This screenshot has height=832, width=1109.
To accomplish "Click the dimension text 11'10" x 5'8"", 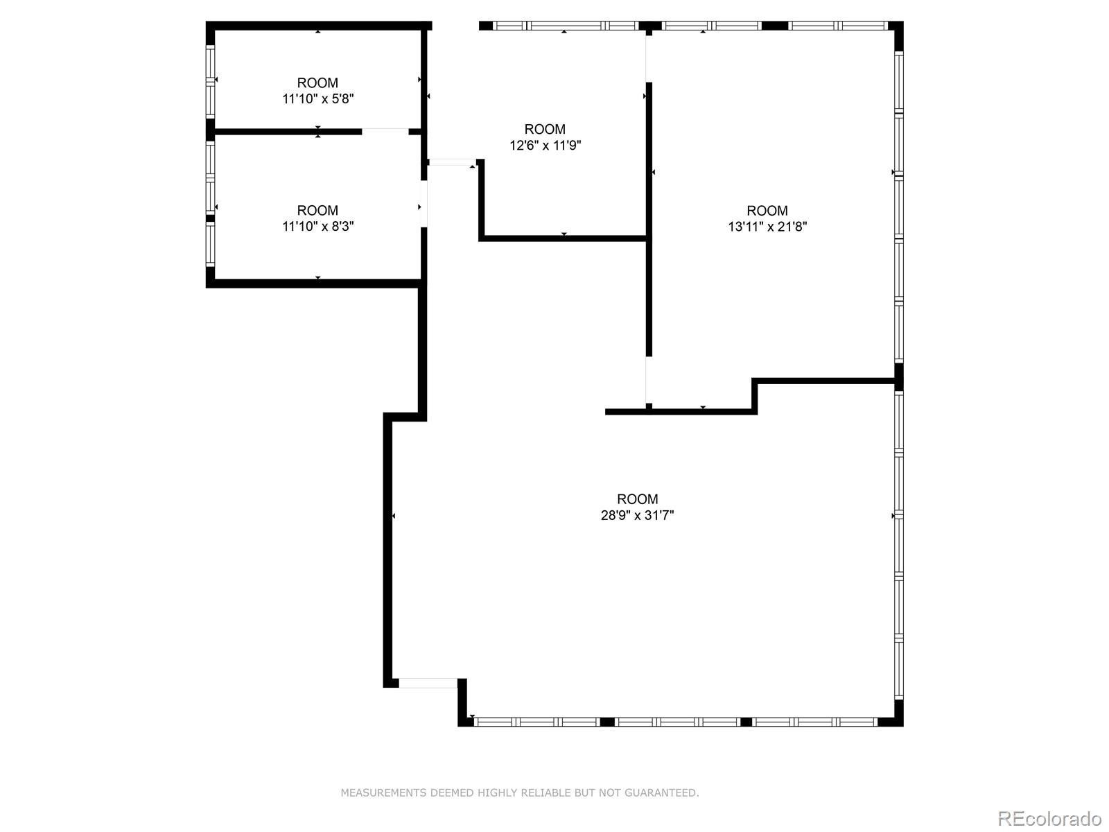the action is pyautogui.click(x=317, y=98).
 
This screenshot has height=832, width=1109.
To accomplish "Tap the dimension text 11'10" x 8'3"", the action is pyautogui.click(x=317, y=226).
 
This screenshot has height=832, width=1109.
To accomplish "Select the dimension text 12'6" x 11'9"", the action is pyautogui.click(x=545, y=145).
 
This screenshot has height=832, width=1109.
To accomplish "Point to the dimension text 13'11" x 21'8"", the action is pyautogui.click(x=767, y=226).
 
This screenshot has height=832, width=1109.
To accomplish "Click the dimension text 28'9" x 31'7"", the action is pyautogui.click(x=637, y=515).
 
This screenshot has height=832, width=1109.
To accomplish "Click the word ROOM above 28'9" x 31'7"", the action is pyautogui.click(x=637, y=499).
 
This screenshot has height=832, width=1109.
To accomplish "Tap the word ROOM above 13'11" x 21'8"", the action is pyautogui.click(x=767, y=210).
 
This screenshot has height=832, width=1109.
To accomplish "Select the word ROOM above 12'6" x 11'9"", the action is pyautogui.click(x=545, y=129).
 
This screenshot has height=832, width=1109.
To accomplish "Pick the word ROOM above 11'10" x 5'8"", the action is pyautogui.click(x=317, y=83).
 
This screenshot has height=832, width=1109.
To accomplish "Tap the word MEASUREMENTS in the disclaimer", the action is pyautogui.click(x=383, y=792).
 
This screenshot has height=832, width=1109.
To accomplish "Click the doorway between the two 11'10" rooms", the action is pyautogui.click(x=385, y=132).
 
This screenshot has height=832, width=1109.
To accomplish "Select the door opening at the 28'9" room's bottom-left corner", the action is pyautogui.click(x=428, y=683).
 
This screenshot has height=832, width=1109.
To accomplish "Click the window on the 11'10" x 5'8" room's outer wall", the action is pyautogui.click(x=210, y=81).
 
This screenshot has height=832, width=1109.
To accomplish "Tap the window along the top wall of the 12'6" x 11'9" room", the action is pyautogui.click(x=566, y=26).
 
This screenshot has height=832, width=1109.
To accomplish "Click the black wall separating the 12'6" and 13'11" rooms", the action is pyautogui.click(x=649, y=219).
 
